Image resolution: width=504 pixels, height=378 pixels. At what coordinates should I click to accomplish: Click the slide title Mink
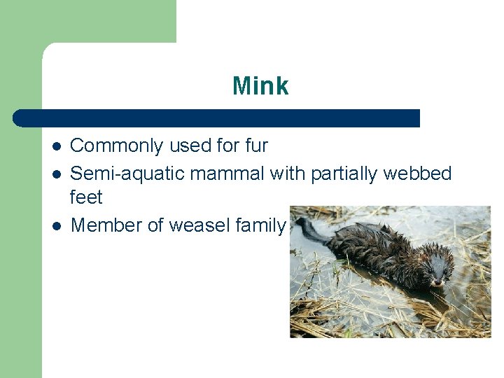(260, 86)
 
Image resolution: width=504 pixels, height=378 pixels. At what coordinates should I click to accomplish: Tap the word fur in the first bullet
(256, 146)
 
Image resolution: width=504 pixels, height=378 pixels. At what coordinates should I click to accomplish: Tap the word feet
(86, 197)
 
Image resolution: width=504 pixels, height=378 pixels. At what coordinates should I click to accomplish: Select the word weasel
(192, 225)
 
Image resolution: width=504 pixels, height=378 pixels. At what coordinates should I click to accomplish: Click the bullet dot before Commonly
(57, 146)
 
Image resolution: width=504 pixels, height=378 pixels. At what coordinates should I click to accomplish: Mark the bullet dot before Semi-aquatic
(57, 173)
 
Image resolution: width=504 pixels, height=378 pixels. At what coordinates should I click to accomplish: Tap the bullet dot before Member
(57, 225)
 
